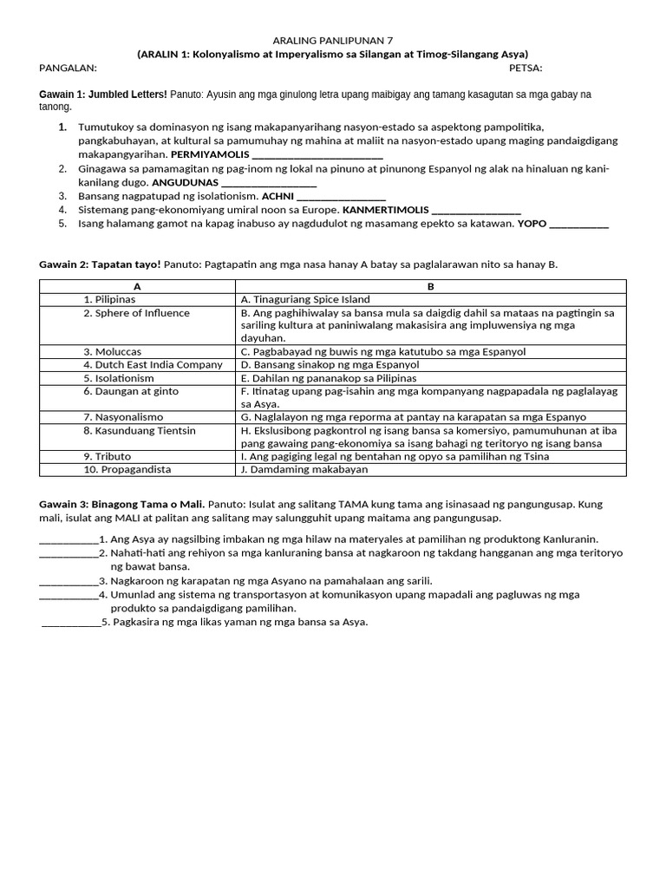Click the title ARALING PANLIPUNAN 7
pos(332,40)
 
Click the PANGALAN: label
pos(69,68)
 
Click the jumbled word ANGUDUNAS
pos(185,183)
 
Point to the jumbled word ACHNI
pos(277,197)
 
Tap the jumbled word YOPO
pos(532,224)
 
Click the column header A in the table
pos(137,286)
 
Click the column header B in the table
pos(431,286)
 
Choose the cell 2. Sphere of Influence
pos(136,313)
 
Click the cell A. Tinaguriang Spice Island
pos(305,299)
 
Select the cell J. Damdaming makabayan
pos(304,469)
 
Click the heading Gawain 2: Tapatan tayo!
pos(100,264)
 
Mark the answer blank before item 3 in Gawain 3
pos(69,581)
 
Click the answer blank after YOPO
pos(579,225)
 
